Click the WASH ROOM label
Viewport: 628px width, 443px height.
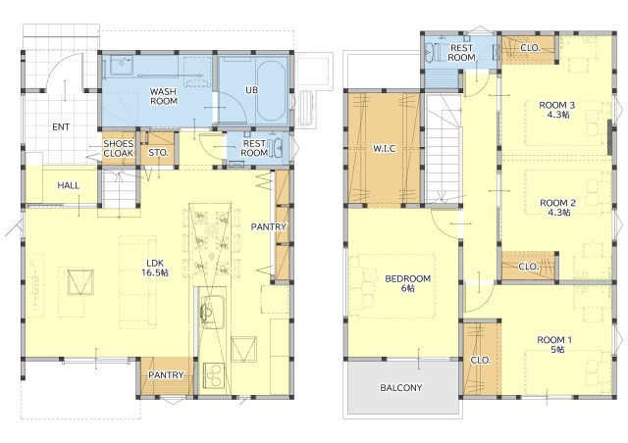[164, 96]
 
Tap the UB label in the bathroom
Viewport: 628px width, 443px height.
[252, 90]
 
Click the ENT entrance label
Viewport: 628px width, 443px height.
[61, 127]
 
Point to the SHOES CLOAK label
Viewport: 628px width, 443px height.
[119, 148]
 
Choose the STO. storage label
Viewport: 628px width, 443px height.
[159, 153]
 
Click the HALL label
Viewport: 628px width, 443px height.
[69, 185]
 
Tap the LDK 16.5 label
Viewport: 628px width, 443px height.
[155, 269]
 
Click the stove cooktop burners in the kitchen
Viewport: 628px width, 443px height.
[213, 375]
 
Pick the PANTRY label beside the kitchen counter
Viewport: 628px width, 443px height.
[269, 227]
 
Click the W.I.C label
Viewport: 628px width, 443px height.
[385, 149]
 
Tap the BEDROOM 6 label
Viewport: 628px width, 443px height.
[408, 283]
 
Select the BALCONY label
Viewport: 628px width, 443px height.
[401, 388]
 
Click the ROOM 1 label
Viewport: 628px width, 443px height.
[554, 345]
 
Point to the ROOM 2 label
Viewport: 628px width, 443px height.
[558, 208]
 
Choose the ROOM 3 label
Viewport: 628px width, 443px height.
[557, 110]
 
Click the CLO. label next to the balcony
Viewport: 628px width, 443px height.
[481, 360]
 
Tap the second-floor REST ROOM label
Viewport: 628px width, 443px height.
[461, 52]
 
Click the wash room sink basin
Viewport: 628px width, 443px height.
[122, 66]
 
